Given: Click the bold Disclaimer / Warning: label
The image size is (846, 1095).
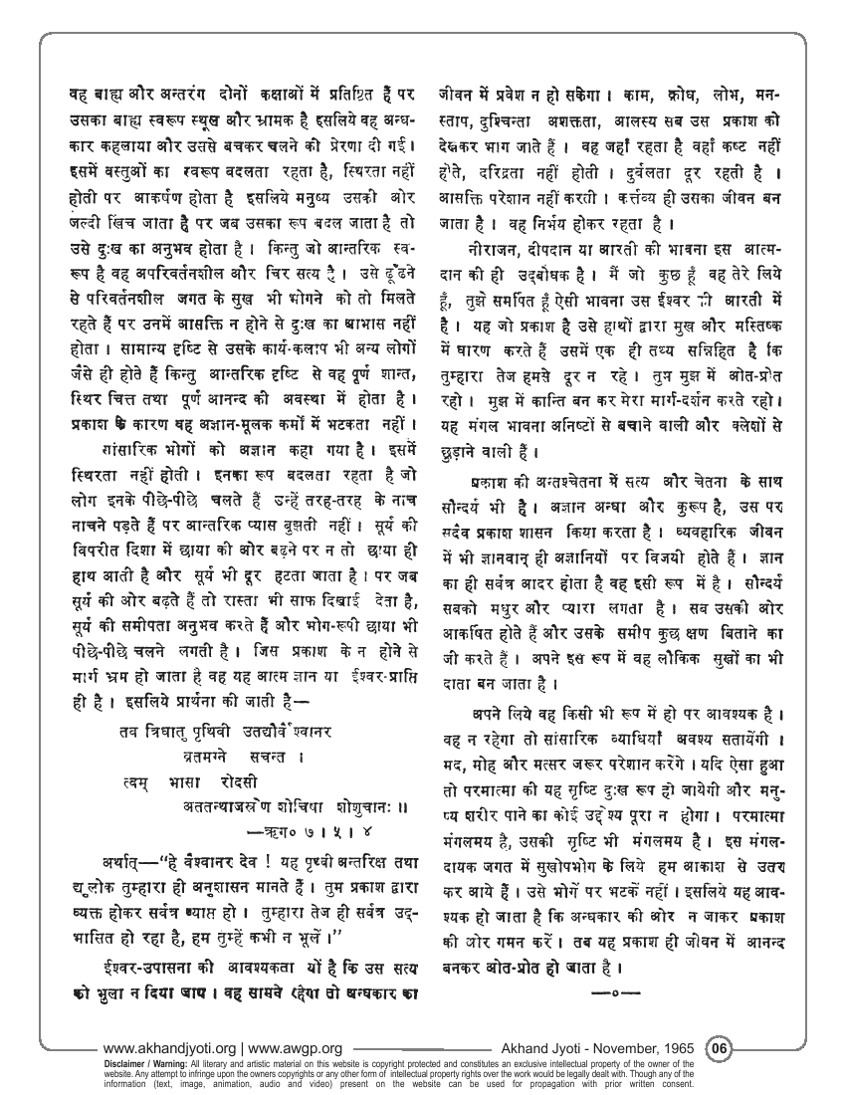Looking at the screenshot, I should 144,1061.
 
